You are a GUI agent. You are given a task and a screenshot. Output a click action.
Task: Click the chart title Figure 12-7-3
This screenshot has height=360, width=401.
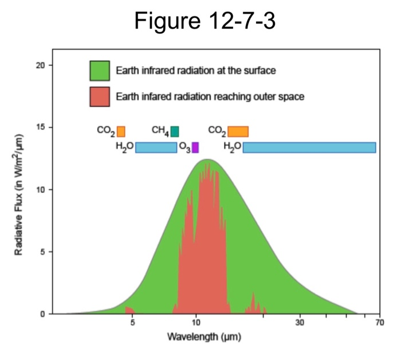coord(200,21)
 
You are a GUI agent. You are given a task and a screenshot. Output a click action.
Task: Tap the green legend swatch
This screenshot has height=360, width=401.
coord(99,71)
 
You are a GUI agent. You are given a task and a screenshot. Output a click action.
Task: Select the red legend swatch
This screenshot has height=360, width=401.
coord(99,96)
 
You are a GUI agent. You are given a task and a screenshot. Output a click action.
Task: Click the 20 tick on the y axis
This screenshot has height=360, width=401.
coord(41,65)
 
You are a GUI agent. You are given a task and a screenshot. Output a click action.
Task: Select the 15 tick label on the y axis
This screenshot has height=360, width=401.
coord(41,127)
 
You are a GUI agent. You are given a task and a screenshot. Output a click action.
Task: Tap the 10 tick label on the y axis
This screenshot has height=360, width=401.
coord(41,190)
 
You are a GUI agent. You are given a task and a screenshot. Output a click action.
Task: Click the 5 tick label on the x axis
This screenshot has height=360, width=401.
coord(133,323)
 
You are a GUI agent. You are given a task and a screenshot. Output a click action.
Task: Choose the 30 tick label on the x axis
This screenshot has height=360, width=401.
coord(300,323)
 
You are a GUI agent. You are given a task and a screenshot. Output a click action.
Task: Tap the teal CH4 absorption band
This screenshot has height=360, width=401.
coord(175,131)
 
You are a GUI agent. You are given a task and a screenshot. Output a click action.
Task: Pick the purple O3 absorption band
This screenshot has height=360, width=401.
coord(195,147)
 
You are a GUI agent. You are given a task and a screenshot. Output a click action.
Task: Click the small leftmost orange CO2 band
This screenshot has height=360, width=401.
coord(121,131)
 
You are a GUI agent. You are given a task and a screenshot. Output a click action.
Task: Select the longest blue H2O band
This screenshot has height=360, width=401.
coord(309,147)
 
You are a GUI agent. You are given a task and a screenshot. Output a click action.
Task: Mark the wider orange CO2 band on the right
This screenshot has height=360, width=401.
coord(238,131)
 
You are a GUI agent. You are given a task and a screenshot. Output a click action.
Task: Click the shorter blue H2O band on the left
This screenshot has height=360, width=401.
coord(156,147)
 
